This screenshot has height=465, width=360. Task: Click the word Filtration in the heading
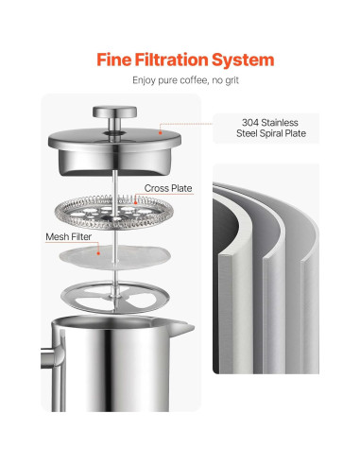(x=171, y=60)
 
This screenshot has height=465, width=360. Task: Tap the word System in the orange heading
(x=243, y=60)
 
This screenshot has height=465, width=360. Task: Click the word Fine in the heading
(x=113, y=60)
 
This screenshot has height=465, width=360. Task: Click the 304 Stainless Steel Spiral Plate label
(x=271, y=128)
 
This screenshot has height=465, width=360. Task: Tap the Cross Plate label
(x=168, y=188)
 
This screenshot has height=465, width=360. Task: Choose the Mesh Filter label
(x=68, y=236)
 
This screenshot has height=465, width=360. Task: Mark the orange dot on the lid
(x=160, y=132)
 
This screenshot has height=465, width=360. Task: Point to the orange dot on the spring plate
(x=136, y=202)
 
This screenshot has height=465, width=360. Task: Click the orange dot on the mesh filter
(x=98, y=253)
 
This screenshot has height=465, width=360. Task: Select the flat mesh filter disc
(x=115, y=258)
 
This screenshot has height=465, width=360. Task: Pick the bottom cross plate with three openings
(x=115, y=297)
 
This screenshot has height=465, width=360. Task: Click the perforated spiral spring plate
(x=114, y=213)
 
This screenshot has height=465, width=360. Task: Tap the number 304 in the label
(x=249, y=123)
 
